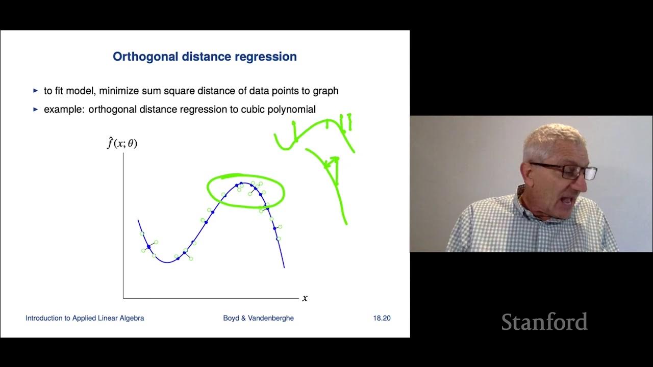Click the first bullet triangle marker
tap(35, 91)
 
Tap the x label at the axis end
tap(305, 298)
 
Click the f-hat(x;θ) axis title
tap(122, 143)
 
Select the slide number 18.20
tap(382, 318)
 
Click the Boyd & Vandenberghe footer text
tap(258, 318)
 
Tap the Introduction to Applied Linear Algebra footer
tap(85, 318)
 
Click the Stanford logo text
tap(544, 322)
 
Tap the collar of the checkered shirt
tap(525, 204)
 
